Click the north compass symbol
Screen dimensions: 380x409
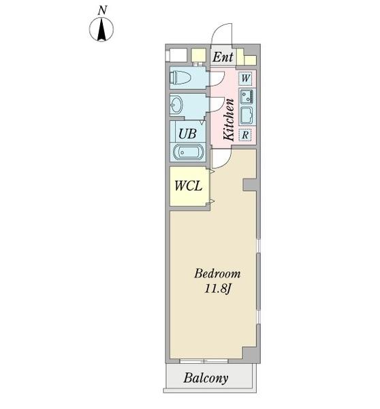tap(101, 29)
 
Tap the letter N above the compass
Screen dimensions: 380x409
tap(102, 10)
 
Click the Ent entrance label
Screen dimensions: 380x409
tap(223, 57)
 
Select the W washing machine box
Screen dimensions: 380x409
tap(245, 78)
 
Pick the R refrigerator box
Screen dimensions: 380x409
tap(245, 135)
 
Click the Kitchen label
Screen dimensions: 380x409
tap(229, 120)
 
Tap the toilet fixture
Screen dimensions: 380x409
tap(180, 78)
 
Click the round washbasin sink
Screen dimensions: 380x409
tap(176, 105)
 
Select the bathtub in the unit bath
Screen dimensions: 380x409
tap(189, 153)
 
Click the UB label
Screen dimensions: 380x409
tap(187, 134)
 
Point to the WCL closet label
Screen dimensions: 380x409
tap(188, 186)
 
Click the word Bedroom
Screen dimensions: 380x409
tap(217, 273)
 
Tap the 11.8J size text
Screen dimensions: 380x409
tap(218, 289)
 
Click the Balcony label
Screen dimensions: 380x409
tap(206, 378)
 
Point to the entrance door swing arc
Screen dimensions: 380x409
tap(218, 29)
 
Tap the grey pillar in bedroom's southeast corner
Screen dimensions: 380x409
tap(251, 354)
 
